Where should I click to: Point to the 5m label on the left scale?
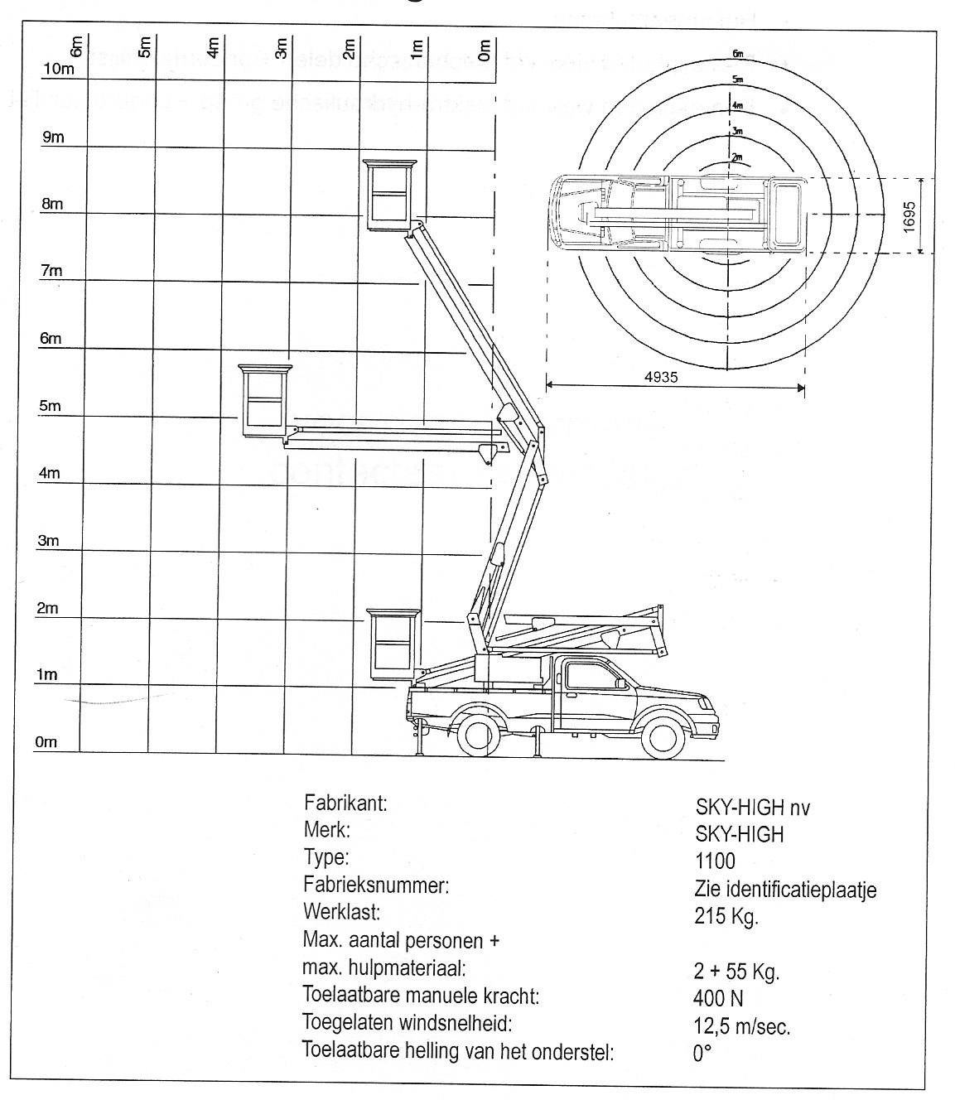pos(50,407)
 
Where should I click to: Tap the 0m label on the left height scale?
pos(46,742)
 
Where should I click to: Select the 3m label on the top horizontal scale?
pos(281,50)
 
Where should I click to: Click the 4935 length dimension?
pos(661,377)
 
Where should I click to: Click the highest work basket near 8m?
pos(388,193)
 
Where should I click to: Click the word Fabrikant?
pos(345,803)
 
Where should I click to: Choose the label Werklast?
pos(341,913)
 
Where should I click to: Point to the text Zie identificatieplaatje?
pos(784,890)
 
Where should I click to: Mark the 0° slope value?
pos(702,1054)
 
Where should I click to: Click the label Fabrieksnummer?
pos(376,885)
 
